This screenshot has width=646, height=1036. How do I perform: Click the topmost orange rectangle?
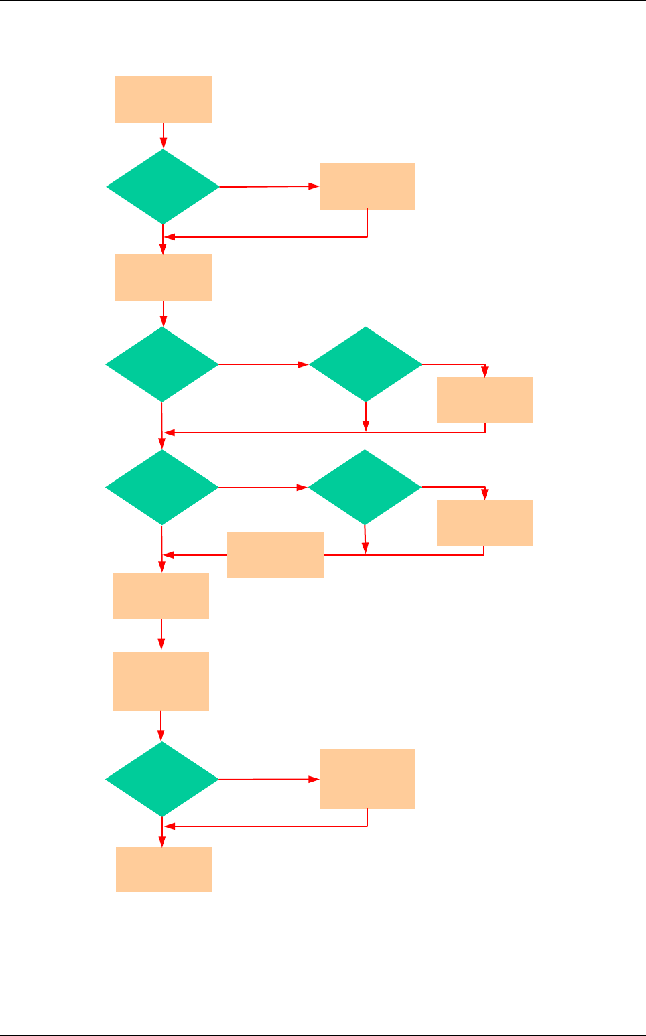tap(164, 99)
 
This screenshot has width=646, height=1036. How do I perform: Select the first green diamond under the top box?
tap(163, 186)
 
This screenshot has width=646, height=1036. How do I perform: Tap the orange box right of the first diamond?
tap(367, 186)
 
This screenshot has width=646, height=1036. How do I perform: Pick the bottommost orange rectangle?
tap(164, 869)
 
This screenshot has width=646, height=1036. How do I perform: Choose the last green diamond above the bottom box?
tap(162, 779)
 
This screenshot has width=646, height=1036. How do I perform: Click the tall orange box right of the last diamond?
tap(367, 779)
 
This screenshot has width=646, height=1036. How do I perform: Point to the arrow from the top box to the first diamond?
tap(164, 135)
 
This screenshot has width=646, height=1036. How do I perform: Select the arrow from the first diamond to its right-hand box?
tap(269, 186)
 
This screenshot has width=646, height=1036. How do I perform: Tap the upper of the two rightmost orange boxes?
tap(484, 400)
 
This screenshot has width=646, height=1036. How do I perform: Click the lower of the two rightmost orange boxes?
tap(484, 522)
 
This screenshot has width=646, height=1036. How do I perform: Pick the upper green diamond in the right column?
tap(365, 364)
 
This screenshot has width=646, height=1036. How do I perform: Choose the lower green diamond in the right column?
tap(365, 487)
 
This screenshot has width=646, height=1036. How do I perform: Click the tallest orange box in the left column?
tap(161, 680)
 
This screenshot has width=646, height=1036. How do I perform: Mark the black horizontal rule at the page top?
tap(323, 1)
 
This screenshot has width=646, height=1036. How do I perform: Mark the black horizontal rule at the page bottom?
tap(323, 1035)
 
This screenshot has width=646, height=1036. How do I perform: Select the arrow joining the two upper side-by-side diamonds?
tap(263, 364)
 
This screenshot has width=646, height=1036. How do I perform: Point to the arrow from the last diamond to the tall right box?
tap(269, 779)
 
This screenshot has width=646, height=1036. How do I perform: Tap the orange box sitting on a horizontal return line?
tap(275, 554)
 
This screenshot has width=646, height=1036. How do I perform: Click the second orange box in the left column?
tap(164, 277)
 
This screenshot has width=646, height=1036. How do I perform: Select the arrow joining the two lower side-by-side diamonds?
tap(263, 487)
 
